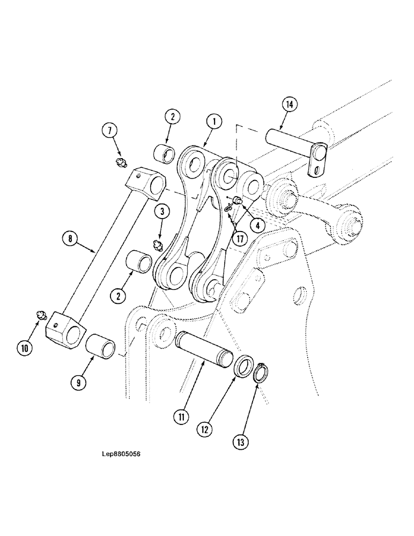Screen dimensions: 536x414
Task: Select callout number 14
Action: tap(289, 105)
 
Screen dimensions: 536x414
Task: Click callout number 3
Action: tap(159, 211)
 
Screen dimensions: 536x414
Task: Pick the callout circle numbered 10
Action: tap(24, 348)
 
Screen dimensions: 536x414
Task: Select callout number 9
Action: tap(78, 383)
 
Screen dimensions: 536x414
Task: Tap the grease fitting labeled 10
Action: tap(39, 317)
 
